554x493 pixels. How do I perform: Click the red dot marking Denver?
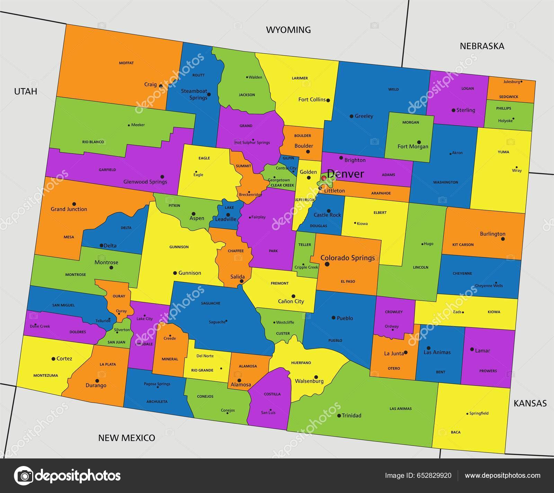coord(324,178)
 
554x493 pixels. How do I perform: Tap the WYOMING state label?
coord(288,30)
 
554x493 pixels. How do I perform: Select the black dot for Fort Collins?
coord(328,100)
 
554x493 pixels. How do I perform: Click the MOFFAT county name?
coord(126,63)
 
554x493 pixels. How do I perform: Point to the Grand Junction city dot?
coord(74,204)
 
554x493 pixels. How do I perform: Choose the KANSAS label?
coord(530,403)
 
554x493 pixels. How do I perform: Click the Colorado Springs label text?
coord(347,258)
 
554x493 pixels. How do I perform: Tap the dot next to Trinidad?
coord(339,416)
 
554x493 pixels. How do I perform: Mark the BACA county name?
coord(456,432)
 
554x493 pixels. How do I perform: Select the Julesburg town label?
coord(511,82)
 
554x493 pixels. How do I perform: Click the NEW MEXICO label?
coord(126,438)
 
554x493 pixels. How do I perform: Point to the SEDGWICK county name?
coord(509,97)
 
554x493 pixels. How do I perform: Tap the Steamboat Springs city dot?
coord(209,94)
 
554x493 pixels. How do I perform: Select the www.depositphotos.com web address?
coord(502,475)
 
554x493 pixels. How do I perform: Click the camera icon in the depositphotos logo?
coord(24,475)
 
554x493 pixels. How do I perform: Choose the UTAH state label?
coord(25,91)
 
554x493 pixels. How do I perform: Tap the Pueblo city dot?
coord(333,317)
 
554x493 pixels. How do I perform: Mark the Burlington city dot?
coord(503,239)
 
